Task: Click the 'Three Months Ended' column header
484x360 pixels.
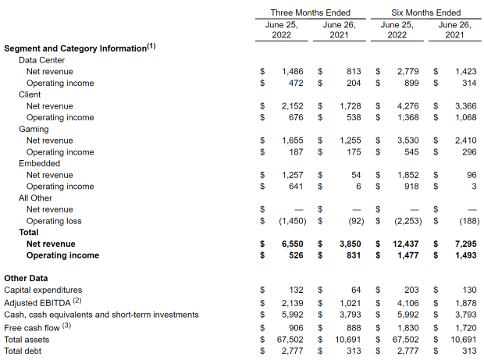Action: click(310, 12)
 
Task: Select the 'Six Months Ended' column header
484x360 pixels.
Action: click(425, 12)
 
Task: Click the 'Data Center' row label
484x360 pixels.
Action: click(41, 60)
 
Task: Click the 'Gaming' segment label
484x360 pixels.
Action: click(34, 129)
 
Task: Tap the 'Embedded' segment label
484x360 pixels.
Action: click(39, 164)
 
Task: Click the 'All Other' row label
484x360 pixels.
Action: click(37, 198)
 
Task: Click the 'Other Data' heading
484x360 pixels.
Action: click(26, 278)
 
